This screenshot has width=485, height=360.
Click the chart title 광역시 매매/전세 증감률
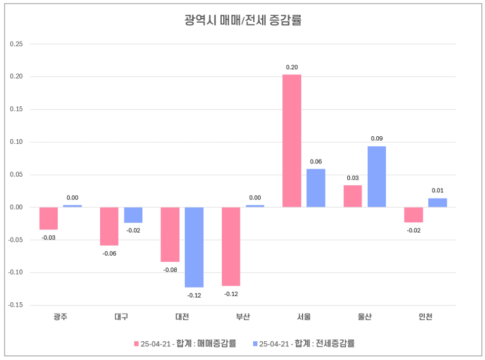242,20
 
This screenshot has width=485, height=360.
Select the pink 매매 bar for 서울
292,141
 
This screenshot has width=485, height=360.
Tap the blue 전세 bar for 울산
377,177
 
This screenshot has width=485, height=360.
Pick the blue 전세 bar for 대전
194,247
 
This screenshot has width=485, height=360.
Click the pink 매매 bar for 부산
231,247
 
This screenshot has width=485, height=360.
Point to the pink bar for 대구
109,226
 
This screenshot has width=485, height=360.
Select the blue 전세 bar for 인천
437,203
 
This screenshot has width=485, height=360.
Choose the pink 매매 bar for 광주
49,218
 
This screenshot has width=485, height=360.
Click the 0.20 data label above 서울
292,67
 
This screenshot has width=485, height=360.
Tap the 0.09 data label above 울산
377,138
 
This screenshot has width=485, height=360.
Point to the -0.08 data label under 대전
170,270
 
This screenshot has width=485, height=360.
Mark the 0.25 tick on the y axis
16,44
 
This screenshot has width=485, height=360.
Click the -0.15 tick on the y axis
16,305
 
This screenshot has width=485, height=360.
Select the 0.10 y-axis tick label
16,142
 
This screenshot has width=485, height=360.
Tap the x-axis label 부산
243,317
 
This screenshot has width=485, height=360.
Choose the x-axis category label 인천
425,317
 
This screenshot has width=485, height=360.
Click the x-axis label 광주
60,317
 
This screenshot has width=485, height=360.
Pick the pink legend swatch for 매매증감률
136,344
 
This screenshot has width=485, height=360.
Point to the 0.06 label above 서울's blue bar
316,162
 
